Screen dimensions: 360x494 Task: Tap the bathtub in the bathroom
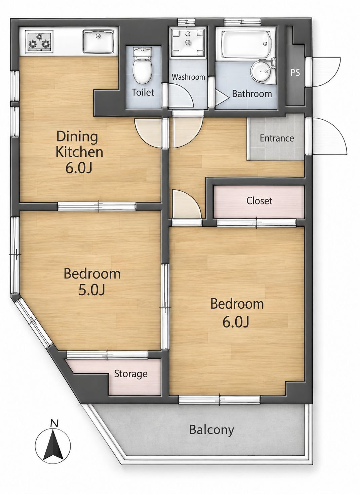246,44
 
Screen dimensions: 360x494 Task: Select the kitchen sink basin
98,41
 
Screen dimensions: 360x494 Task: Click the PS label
295,73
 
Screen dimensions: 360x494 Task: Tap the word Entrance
277,138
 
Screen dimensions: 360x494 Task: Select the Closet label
259,201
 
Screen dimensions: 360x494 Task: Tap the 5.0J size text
91,291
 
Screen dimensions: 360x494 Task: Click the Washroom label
188,77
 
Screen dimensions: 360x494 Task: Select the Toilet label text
143,92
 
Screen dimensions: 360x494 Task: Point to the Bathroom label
252,94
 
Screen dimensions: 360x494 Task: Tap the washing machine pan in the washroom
188,42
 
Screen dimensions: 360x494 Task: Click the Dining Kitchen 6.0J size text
79,168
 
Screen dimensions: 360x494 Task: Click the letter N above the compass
54,423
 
